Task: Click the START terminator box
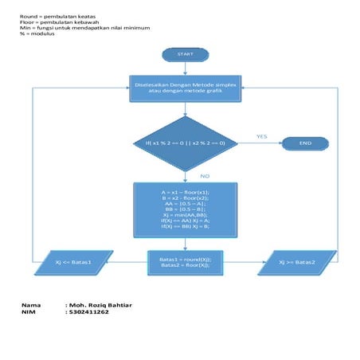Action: point(185,55)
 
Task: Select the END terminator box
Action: point(304,143)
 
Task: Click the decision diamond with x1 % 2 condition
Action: point(185,143)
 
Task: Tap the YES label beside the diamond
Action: point(261,136)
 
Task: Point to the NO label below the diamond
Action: point(205,175)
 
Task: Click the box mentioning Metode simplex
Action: point(185,88)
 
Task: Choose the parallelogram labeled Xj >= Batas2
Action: point(297,262)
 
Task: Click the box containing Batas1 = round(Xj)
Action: point(185,262)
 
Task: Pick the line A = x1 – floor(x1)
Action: point(185,193)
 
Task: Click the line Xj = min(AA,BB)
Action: point(185,215)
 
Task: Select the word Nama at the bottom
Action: point(31,305)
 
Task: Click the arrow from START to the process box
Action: point(185,69)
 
